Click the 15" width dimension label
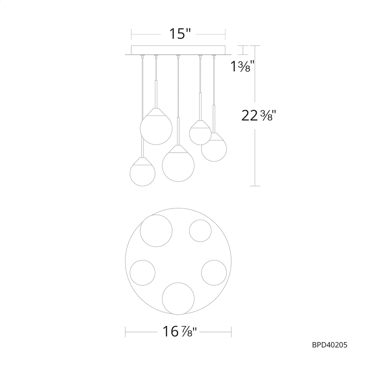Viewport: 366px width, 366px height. [180, 34]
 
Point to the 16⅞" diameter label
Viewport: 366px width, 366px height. [179, 332]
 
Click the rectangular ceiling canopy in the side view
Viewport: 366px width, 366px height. [178, 50]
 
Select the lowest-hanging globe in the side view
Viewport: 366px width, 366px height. [142, 174]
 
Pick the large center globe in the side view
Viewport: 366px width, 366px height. [178, 165]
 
